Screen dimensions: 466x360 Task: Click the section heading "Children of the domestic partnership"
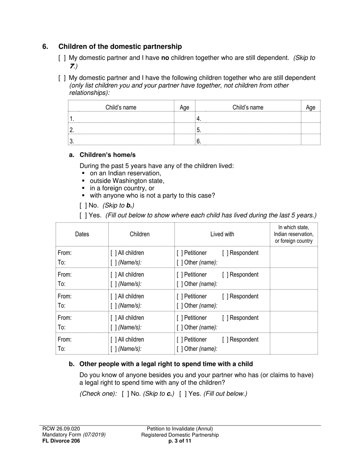120,47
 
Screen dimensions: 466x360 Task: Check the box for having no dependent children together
62,58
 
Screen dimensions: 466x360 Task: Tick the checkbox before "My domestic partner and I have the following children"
62,78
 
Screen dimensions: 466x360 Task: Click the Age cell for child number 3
184,141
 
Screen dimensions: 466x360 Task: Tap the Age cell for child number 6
310,141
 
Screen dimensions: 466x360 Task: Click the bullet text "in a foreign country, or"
122,188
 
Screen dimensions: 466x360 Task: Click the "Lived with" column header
222,234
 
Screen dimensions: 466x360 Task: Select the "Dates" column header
82,234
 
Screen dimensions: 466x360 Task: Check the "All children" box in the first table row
113,253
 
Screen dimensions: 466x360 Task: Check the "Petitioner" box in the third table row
180,297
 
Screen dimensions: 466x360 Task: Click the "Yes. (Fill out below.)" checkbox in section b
183,394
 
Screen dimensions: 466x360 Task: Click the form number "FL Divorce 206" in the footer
61,441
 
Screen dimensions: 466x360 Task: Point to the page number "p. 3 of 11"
180,441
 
